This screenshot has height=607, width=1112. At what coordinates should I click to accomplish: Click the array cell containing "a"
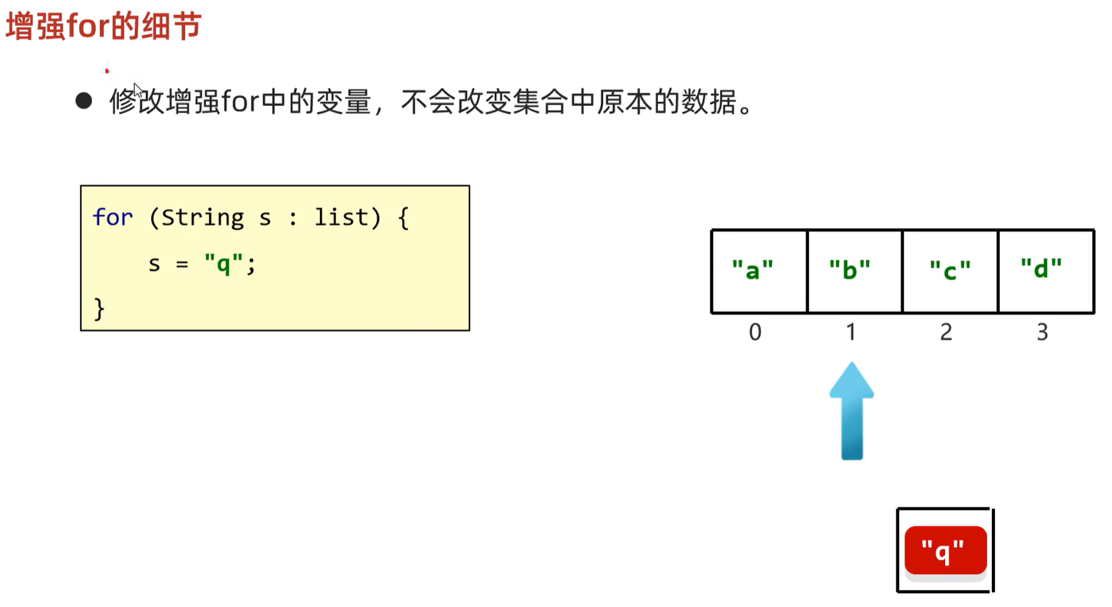[759, 271]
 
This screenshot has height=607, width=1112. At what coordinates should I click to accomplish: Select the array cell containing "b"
[854, 271]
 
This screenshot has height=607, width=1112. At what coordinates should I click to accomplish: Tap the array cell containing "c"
[950, 271]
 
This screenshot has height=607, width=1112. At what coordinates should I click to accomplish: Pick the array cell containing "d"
[1046, 271]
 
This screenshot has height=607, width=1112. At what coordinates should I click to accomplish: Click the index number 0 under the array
[755, 332]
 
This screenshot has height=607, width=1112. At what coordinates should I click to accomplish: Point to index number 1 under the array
[851, 332]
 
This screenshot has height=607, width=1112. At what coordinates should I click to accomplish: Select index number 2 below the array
[946, 332]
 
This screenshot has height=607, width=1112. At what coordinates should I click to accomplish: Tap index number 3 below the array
[1042, 332]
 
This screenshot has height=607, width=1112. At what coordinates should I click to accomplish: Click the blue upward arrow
[851, 411]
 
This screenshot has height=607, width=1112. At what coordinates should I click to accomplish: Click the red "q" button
[945, 551]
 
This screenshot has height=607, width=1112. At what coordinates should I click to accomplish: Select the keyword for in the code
[113, 218]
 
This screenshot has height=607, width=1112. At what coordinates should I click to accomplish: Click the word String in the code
[202, 218]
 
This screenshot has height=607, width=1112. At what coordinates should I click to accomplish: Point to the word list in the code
[341, 218]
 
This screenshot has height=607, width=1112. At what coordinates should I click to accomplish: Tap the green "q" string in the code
[224, 264]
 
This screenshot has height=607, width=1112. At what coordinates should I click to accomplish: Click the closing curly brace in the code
[99, 308]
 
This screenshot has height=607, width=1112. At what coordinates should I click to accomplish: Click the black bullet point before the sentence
[84, 101]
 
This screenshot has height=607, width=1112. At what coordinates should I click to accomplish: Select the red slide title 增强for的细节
[104, 27]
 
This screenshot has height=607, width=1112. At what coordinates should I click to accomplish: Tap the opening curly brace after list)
[403, 218]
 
